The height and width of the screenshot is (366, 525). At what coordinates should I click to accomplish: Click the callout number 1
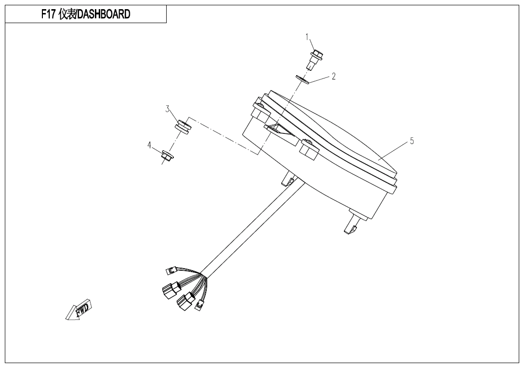point(307,37)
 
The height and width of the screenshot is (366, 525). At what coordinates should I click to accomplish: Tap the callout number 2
point(333,77)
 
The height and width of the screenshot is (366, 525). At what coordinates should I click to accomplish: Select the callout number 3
point(168,109)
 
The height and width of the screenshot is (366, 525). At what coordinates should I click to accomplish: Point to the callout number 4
point(149,145)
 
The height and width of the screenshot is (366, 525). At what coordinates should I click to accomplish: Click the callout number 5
point(412,141)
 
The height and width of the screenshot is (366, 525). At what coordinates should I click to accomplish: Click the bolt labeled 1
point(315,60)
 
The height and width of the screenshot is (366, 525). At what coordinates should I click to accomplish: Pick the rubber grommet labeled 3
point(183,126)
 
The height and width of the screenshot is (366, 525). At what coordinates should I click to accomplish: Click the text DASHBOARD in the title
point(104,14)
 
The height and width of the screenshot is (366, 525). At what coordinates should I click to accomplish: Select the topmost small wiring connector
point(172,271)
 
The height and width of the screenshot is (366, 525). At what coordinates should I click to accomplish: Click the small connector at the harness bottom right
point(199,305)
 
